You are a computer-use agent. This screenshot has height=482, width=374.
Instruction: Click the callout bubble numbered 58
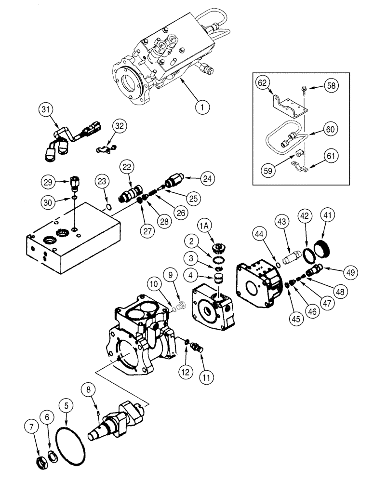click(331, 86)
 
